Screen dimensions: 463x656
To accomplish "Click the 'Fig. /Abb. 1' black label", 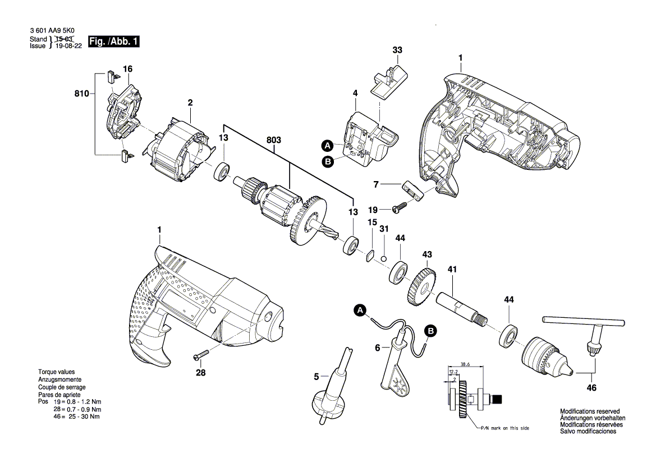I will point(113,42).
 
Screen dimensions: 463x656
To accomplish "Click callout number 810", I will point(81,94).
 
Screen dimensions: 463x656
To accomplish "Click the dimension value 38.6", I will point(464,364).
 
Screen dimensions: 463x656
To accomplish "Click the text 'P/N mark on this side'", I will point(503,428).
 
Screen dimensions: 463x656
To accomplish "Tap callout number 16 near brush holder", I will point(128,69).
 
